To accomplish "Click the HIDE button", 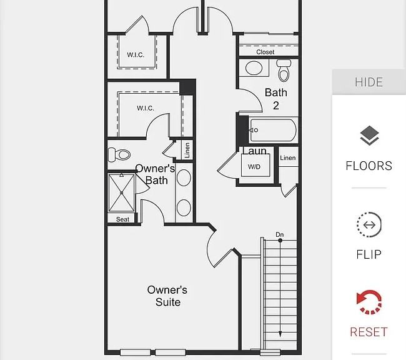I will click(369, 82).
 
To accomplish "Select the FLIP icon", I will click(369, 225).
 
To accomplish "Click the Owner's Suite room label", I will click(167, 296).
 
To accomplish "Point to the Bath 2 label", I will click(275, 99).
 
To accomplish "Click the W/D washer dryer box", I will click(254, 167).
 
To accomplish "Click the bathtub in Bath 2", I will click(273, 131).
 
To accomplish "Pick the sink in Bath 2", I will click(254, 67).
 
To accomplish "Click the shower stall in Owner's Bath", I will click(121, 192).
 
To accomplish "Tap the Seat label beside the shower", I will click(123, 219).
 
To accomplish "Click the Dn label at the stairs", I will click(280, 235).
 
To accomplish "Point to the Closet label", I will click(265, 52).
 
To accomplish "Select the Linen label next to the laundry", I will click(288, 158).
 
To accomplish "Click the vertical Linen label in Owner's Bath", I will click(187, 150).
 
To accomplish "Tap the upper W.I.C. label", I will click(136, 55).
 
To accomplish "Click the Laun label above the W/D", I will click(254, 151).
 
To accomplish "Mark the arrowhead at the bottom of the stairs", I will click(280, 334).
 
